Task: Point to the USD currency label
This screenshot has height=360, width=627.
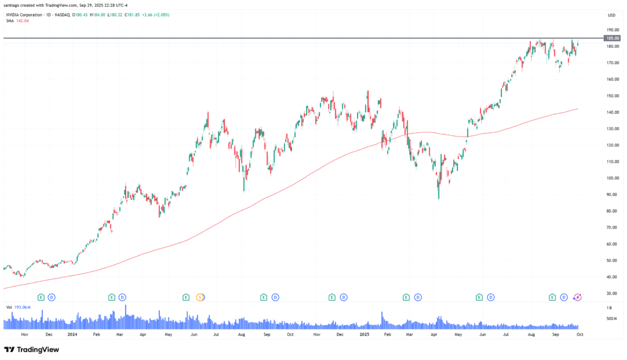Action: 611,15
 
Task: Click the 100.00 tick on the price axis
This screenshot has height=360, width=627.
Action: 611,178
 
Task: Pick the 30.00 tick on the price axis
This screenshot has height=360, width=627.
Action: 611,293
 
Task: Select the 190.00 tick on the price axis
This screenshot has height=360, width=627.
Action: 611,29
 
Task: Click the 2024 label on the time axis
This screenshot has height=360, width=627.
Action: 72,335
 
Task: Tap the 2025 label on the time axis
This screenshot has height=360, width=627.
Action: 364,335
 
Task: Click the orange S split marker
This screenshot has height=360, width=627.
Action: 200,298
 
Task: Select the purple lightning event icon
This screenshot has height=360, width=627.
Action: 577,298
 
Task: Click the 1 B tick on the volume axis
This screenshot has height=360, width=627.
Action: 610,309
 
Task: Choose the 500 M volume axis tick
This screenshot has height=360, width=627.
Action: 611,318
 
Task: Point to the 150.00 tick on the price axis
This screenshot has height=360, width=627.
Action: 611,96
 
